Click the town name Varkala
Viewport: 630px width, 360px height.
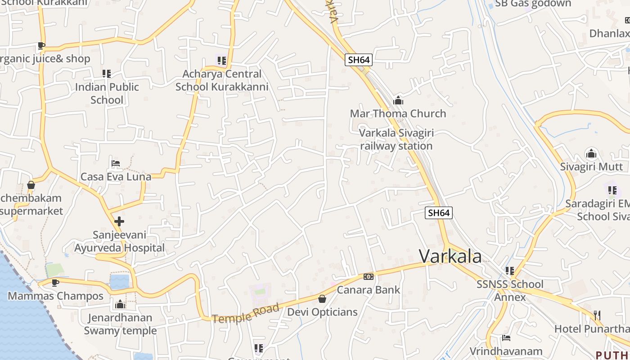click(450, 256)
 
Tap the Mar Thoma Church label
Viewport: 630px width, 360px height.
click(398, 113)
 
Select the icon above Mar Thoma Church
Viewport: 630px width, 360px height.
click(398, 100)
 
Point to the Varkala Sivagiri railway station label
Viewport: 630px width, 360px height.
click(396, 139)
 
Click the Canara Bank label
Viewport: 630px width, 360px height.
click(368, 290)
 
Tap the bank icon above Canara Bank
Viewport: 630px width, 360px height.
click(368, 277)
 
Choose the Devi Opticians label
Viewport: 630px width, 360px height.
click(322, 312)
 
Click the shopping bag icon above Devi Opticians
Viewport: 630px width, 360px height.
click(322, 298)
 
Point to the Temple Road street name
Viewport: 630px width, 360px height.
click(246, 314)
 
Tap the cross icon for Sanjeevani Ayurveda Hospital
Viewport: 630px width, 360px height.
click(119, 221)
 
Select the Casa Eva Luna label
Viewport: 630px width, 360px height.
click(116, 177)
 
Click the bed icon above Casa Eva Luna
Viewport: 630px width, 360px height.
click(116, 163)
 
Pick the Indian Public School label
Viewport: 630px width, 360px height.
click(107, 93)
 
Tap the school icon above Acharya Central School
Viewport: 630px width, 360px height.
click(221, 60)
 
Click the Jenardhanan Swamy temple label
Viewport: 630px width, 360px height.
click(120, 324)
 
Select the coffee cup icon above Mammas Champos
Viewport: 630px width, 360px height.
click(55, 283)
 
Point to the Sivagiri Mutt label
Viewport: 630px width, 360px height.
click(591, 167)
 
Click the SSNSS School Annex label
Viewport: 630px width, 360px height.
click(510, 291)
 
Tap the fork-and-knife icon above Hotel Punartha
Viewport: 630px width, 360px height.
click(597, 315)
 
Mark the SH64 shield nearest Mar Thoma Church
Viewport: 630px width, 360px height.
click(359, 60)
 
